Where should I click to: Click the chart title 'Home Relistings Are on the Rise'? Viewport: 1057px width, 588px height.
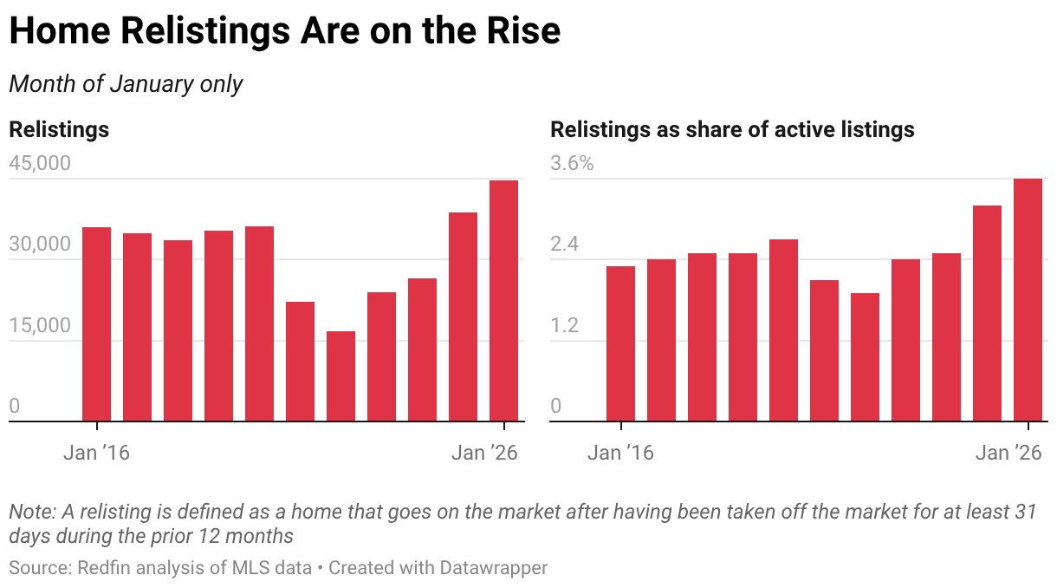click(x=285, y=31)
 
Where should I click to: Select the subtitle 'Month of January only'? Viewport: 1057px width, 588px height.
click(x=126, y=84)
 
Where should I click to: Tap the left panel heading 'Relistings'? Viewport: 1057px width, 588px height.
click(x=59, y=130)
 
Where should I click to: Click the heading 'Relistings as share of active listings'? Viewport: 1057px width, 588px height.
click(x=732, y=130)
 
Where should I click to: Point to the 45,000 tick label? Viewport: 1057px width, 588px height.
click(x=39, y=164)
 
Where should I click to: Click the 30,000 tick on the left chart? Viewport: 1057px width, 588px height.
click(x=39, y=245)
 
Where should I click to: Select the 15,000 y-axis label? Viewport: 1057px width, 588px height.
click(x=39, y=325)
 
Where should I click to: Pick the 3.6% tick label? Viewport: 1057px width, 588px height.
click(x=573, y=164)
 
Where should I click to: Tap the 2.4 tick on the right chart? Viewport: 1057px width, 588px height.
click(x=565, y=245)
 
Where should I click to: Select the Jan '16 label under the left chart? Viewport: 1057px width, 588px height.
click(x=96, y=453)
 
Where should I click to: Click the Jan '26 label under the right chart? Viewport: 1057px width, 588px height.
click(x=1008, y=453)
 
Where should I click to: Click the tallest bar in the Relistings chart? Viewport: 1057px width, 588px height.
click(x=503, y=301)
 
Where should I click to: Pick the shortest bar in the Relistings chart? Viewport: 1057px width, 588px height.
click(x=340, y=376)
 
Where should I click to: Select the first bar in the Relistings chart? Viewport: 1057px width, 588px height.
click(x=96, y=324)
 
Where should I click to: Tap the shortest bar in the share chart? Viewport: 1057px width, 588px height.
click(x=865, y=357)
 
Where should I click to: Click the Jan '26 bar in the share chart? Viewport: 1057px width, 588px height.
click(x=1028, y=300)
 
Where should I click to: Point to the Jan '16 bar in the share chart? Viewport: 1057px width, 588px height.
click(x=620, y=343)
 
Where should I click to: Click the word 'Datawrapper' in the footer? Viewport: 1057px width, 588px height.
click(x=494, y=568)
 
